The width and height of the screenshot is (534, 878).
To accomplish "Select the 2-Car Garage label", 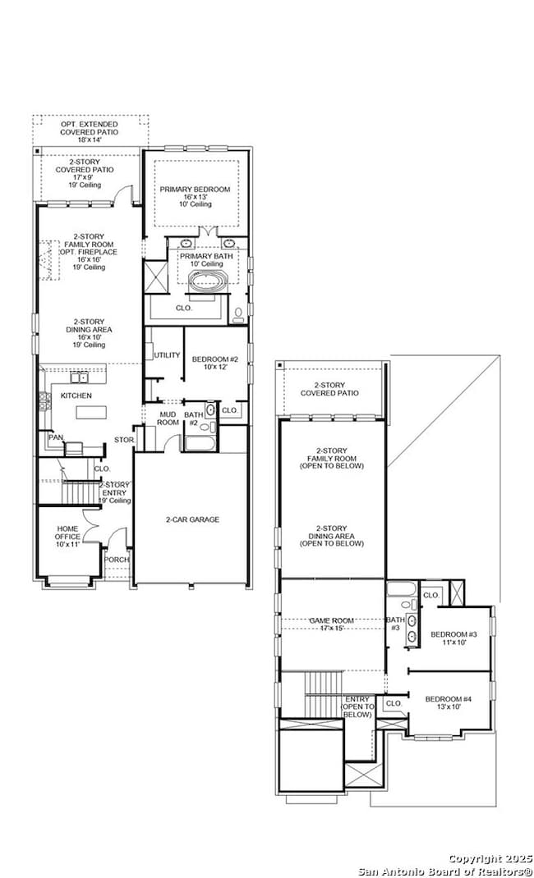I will click(192, 519).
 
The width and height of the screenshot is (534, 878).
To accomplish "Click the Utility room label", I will click(167, 355).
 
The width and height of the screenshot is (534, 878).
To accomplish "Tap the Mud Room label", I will click(168, 418).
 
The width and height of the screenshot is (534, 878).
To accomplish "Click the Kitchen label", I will click(76, 396).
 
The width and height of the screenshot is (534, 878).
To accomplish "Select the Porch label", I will click(116, 560).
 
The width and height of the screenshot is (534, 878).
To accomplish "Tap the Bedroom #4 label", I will click(448, 702).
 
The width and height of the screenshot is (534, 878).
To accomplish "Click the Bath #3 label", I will click(395, 624).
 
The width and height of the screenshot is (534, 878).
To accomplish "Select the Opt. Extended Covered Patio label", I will click(89, 131).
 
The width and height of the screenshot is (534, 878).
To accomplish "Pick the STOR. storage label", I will click(123, 440).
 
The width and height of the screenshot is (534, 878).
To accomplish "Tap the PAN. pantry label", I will click(55, 437).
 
